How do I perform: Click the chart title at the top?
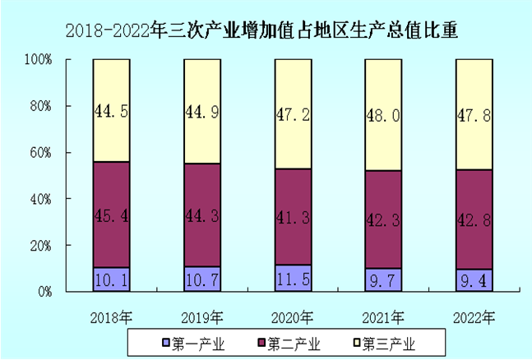(261, 31)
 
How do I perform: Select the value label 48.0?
(383, 116)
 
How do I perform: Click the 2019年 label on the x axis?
(201, 316)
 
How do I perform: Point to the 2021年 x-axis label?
(383, 316)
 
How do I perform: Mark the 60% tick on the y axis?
(40, 153)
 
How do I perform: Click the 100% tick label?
(38, 60)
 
